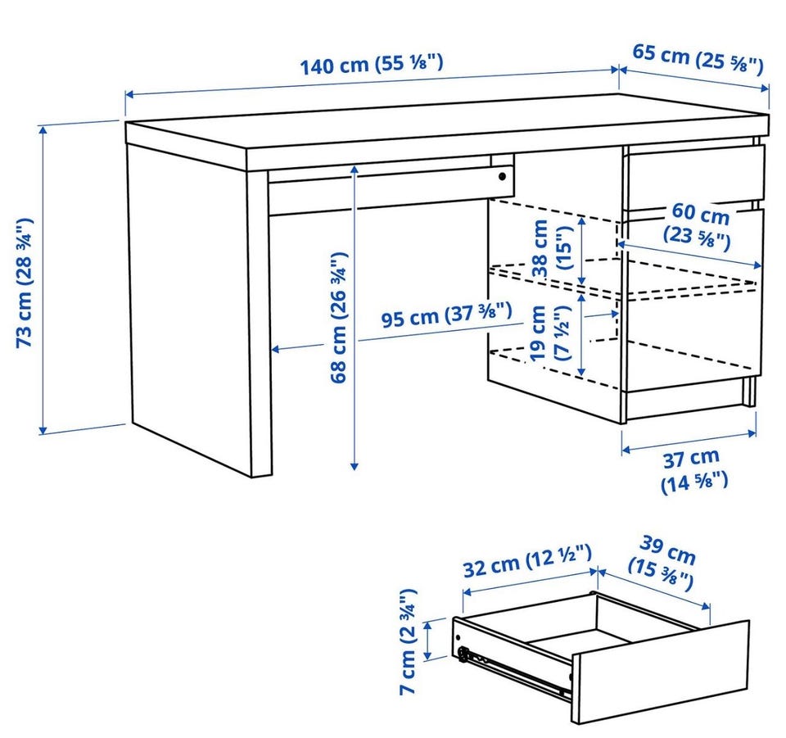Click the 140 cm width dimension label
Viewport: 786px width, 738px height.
click(x=372, y=64)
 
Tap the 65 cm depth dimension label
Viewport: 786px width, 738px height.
click(x=698, y=59)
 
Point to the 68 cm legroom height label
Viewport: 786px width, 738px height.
click(x=339, y=318)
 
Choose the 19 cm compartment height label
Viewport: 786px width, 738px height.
click(x=550, y=333)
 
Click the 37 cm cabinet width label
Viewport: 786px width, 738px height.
click(x=693, y=470)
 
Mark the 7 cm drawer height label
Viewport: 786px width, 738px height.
click(x=408, y=641)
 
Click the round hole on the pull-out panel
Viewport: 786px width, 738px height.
click(x=502, y=176)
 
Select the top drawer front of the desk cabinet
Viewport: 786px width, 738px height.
click(x=694, y=178)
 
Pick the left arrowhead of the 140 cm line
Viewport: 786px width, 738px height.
click(x=129, y=93)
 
